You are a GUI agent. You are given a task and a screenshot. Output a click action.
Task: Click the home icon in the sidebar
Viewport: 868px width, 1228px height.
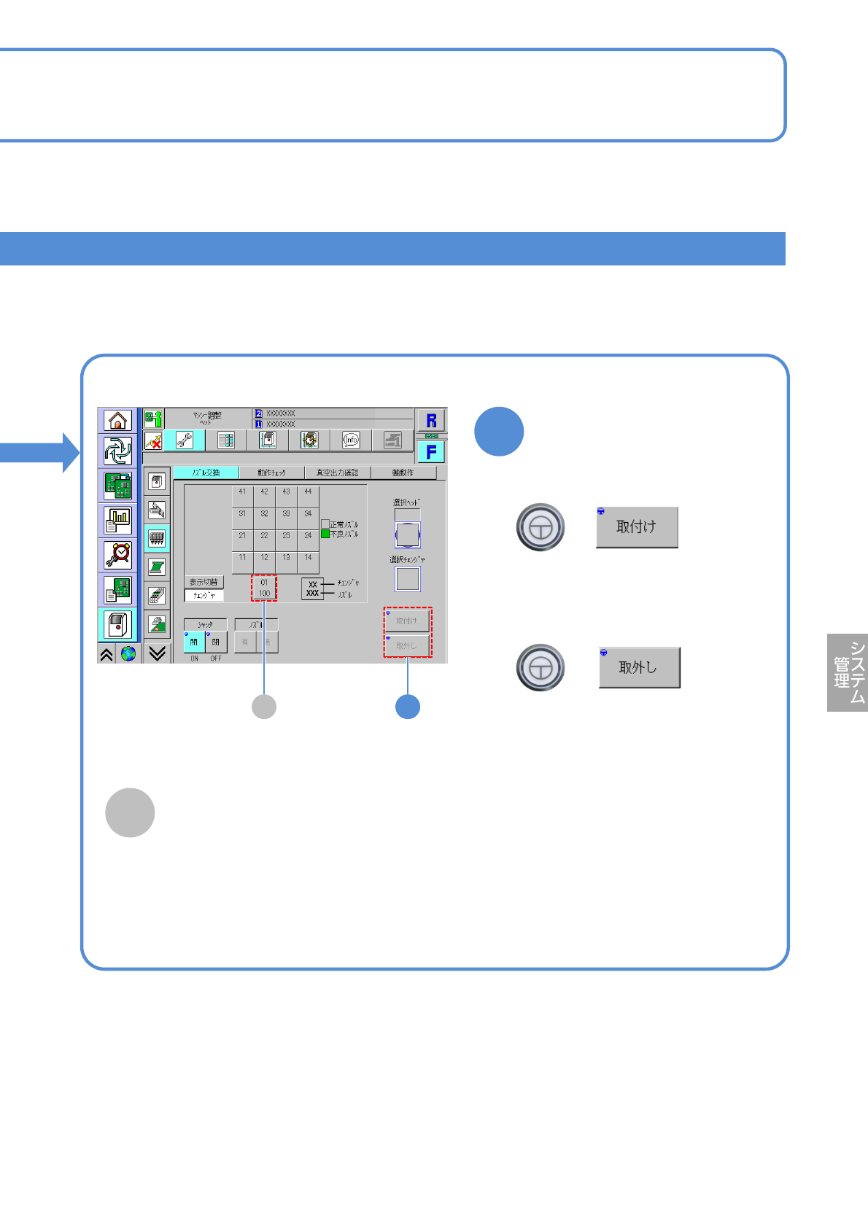click(x=117, y=421)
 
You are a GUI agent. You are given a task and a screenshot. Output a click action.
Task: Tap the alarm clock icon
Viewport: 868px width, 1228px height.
click(x=117, y=555)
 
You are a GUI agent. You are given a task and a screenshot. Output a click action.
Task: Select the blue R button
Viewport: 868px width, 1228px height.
click(x=431, y=421)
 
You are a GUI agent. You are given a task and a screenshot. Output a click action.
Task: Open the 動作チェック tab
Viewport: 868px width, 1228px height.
click(x=271, y=473)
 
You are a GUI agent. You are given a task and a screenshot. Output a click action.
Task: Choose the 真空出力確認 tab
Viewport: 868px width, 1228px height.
click(x=337, y=473)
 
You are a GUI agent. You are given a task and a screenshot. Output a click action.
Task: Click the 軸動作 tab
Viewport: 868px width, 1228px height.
click(x=403, y=473)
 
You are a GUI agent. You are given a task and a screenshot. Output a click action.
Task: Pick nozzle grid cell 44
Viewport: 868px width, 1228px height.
click(x=308, y=495)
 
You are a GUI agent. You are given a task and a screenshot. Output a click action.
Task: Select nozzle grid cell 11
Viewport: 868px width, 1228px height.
click(x=242, y=561)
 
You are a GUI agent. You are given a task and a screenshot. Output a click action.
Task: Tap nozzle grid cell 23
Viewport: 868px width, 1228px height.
click(x=286, y=539)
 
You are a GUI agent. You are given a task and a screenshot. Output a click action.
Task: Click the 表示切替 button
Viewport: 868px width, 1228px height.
click(x=204, y=582)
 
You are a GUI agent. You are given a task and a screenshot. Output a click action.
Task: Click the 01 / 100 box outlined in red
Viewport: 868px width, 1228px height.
click(x=264, y=588)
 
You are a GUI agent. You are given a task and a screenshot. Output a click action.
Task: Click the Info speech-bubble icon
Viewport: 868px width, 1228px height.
click(x=351, y=440)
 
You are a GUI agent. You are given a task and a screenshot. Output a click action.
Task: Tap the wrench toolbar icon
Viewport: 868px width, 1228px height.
click(x=185, y=440)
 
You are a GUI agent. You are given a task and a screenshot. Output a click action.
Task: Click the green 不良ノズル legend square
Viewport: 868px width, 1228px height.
click(x=325, y=534)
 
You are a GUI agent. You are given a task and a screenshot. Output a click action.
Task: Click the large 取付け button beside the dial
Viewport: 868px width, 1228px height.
click(x=637, y=526)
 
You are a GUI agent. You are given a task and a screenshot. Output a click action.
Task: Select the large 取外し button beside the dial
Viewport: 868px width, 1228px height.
click(x=639, y=667)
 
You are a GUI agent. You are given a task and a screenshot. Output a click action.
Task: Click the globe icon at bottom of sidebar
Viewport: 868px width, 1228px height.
click(x=128, y=653)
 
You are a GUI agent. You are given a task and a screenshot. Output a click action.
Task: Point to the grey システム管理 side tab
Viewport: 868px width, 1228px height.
click(x=848, y=672)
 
